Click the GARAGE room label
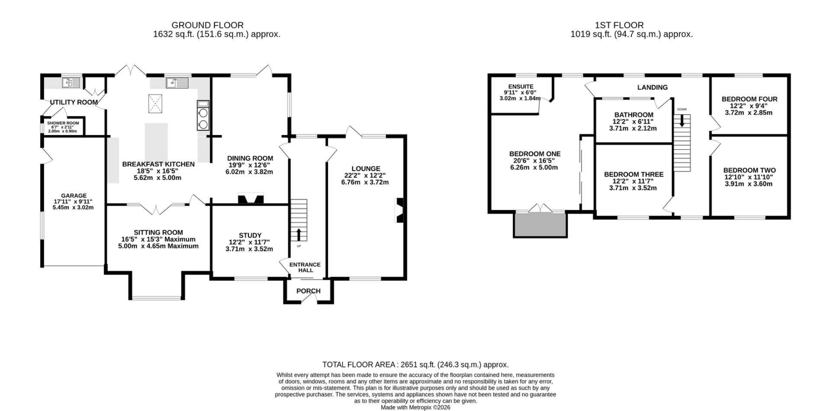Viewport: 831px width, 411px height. tap(74, 196)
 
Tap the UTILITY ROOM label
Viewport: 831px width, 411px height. tap(74, 102)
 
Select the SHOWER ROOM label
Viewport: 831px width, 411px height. tap(63, 123)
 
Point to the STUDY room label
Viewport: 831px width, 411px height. tap(250, 236)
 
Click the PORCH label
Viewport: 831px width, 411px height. tap(309, 291)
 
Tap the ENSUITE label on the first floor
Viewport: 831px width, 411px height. tap(521, 87)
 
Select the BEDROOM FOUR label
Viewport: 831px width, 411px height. tap(749, 99)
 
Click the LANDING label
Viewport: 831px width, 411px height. tap(652, 87)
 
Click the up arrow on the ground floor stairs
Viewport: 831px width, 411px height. tap(299, 234)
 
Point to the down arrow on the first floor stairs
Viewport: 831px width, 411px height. tap(682, 120)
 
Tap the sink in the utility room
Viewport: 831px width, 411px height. tap(71, 82)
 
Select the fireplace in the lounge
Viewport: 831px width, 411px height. tap(399, 210)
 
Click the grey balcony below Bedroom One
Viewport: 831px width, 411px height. tap(541, 225)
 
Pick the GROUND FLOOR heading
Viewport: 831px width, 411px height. tap(207, 25)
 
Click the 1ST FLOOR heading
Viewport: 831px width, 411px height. tap(619, 25)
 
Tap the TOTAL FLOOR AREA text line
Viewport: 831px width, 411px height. tap(415, 365)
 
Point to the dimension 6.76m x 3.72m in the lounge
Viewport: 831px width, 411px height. tap(365, 182)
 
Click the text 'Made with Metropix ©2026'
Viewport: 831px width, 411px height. tap(415, 408)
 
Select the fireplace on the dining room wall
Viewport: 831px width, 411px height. tap(251, 199)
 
